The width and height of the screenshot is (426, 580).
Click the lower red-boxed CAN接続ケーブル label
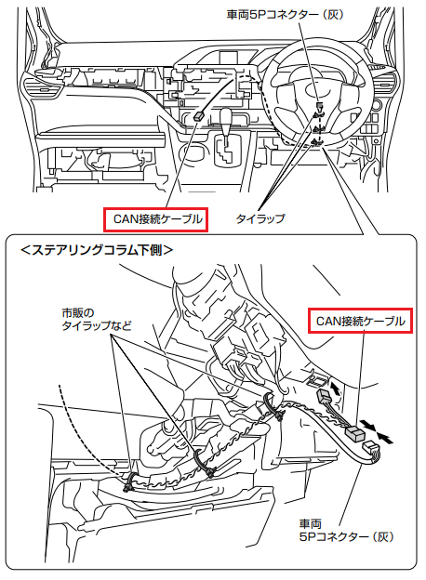[361, 321]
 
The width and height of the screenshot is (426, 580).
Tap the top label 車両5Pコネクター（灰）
[285, 15]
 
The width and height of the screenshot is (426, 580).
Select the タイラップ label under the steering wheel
[260, 218]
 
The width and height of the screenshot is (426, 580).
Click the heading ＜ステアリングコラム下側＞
[97, 250]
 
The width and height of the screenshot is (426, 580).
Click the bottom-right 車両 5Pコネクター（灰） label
[346, 530]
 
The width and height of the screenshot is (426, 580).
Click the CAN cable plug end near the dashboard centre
[199, 116]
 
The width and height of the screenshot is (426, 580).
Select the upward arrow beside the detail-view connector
[336, 388]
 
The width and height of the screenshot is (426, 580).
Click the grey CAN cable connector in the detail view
[353, 432]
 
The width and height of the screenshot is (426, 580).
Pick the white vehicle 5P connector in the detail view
[371, 448]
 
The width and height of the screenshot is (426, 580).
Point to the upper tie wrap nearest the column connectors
[272, 406]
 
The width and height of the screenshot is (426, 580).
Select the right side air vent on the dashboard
[386, 82]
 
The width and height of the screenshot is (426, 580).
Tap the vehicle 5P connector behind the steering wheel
[319, 106]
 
